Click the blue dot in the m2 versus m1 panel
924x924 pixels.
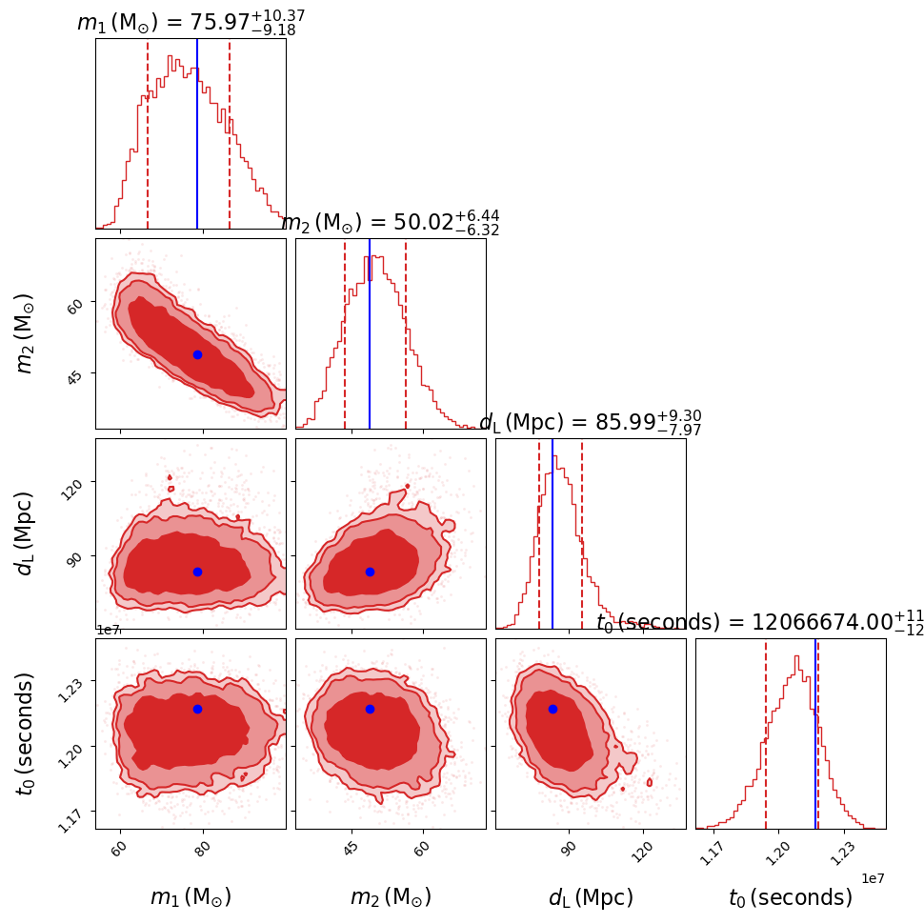point(197,354)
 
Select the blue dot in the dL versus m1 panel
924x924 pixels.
point(197,572)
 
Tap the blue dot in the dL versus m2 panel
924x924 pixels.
point(370,572)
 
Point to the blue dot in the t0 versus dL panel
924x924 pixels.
point(552,709)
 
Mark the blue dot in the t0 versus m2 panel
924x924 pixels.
point(370,709)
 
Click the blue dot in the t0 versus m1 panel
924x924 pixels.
point(197,709)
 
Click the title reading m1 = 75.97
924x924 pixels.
point(191,23)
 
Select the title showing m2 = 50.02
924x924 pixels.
point(391,223)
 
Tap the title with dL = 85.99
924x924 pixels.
point(591,423)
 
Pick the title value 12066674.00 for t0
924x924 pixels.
point(760,623)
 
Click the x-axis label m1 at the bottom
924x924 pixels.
point(191,897)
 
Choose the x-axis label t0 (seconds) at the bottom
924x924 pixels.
point(791,897)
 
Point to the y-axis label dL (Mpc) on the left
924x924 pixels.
point(25,533)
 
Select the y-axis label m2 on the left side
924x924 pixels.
point(25,333)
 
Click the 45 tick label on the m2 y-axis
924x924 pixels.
point(73,375)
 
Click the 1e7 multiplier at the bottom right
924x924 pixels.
point(873,878)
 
